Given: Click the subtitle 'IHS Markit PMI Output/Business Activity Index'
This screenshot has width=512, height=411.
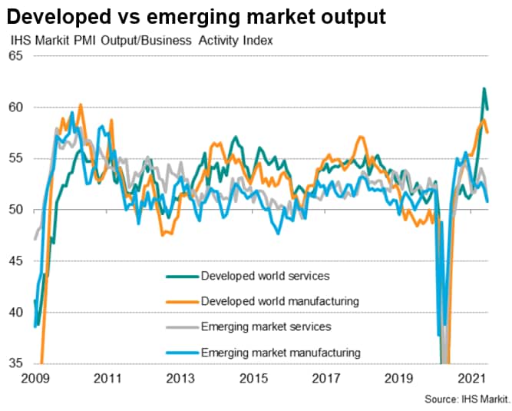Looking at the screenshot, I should point(141,40).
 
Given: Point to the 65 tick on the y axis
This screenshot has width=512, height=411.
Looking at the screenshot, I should point(15,56).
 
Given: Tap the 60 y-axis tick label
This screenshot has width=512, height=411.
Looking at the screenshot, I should point(15,108).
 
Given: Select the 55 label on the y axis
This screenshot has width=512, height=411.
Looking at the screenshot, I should point(15,158).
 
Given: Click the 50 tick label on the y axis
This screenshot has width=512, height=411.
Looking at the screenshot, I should point(15,210).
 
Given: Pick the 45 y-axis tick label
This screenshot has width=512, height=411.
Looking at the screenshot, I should point(15,261).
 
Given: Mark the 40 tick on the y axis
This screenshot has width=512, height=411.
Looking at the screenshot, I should point(15,313).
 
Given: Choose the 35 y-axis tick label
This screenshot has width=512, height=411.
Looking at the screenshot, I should point(15,363).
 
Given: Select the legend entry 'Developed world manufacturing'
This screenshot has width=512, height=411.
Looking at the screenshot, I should point(279,301).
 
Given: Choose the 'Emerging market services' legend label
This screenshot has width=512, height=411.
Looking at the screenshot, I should point(265,326).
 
